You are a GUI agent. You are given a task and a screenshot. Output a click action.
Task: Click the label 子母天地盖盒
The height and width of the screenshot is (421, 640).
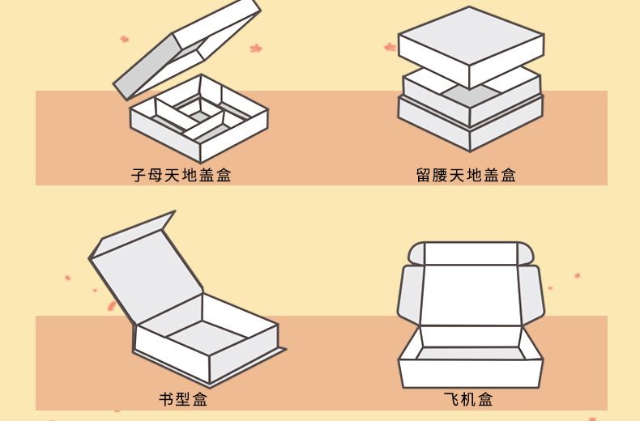click(181, 175)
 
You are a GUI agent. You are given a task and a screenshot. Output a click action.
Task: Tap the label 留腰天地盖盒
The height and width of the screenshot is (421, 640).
click(466, 175)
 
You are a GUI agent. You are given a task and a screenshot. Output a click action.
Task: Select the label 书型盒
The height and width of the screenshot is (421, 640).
click(183, 399)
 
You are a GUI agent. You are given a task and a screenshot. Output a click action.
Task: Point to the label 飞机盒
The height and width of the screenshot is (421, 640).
click(468, 399)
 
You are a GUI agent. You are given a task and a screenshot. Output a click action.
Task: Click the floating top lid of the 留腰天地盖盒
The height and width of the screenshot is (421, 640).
click(470, 45)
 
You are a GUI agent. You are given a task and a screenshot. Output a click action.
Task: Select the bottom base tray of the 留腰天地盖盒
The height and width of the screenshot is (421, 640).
click(470, 121)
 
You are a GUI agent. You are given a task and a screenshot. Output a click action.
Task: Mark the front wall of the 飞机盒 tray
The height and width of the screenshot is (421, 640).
click(470, 372)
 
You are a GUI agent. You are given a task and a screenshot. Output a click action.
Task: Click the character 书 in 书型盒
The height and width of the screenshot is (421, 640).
click(166, 399)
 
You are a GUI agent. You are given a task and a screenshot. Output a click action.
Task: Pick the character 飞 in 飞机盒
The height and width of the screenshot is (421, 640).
click(451, 399)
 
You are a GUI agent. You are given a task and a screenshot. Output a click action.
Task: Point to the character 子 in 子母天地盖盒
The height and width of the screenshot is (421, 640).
click(139, 175)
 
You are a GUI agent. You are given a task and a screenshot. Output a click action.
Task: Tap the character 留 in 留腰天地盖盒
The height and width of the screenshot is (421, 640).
click(424, 175)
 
